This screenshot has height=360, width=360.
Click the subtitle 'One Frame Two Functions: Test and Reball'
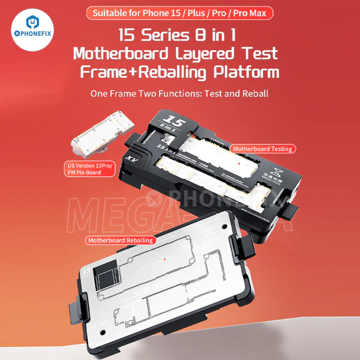click(179, 94)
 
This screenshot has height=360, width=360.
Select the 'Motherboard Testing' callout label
click(262, 148)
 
